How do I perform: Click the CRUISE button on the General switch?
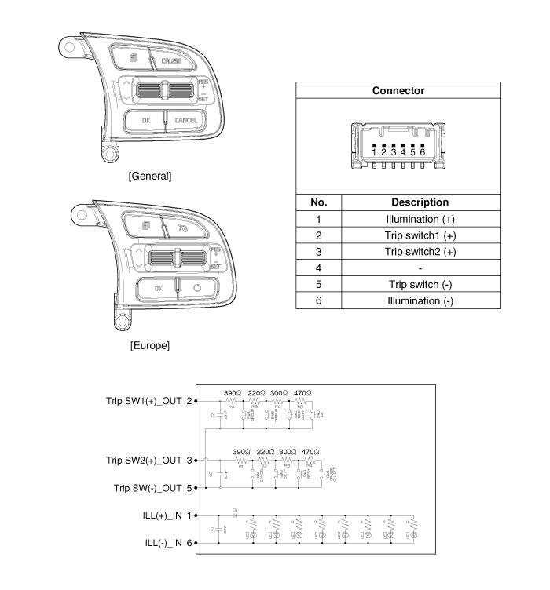click(171, 60)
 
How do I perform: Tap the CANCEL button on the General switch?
click(186, 120)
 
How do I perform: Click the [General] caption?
click(149, 176)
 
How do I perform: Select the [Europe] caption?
click(149, 345)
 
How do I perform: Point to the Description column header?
click(420, 202)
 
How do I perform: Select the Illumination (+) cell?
click(420, 219)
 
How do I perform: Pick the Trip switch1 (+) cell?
click(420, 235)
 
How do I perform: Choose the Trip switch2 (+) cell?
click(420, 251)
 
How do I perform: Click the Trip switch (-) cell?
click(420, 284)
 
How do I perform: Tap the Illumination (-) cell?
click(420, 300)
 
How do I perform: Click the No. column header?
click(318, 202)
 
